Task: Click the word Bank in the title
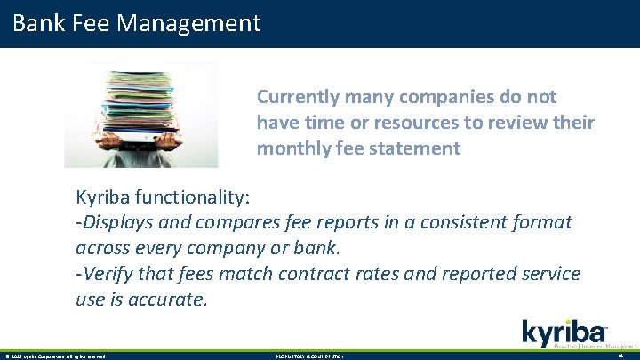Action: (x=39, y=22)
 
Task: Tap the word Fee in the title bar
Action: (x=91, y=22)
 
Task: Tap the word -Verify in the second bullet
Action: (x=105, y=274)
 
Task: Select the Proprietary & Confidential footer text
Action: (x=310, y=356)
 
